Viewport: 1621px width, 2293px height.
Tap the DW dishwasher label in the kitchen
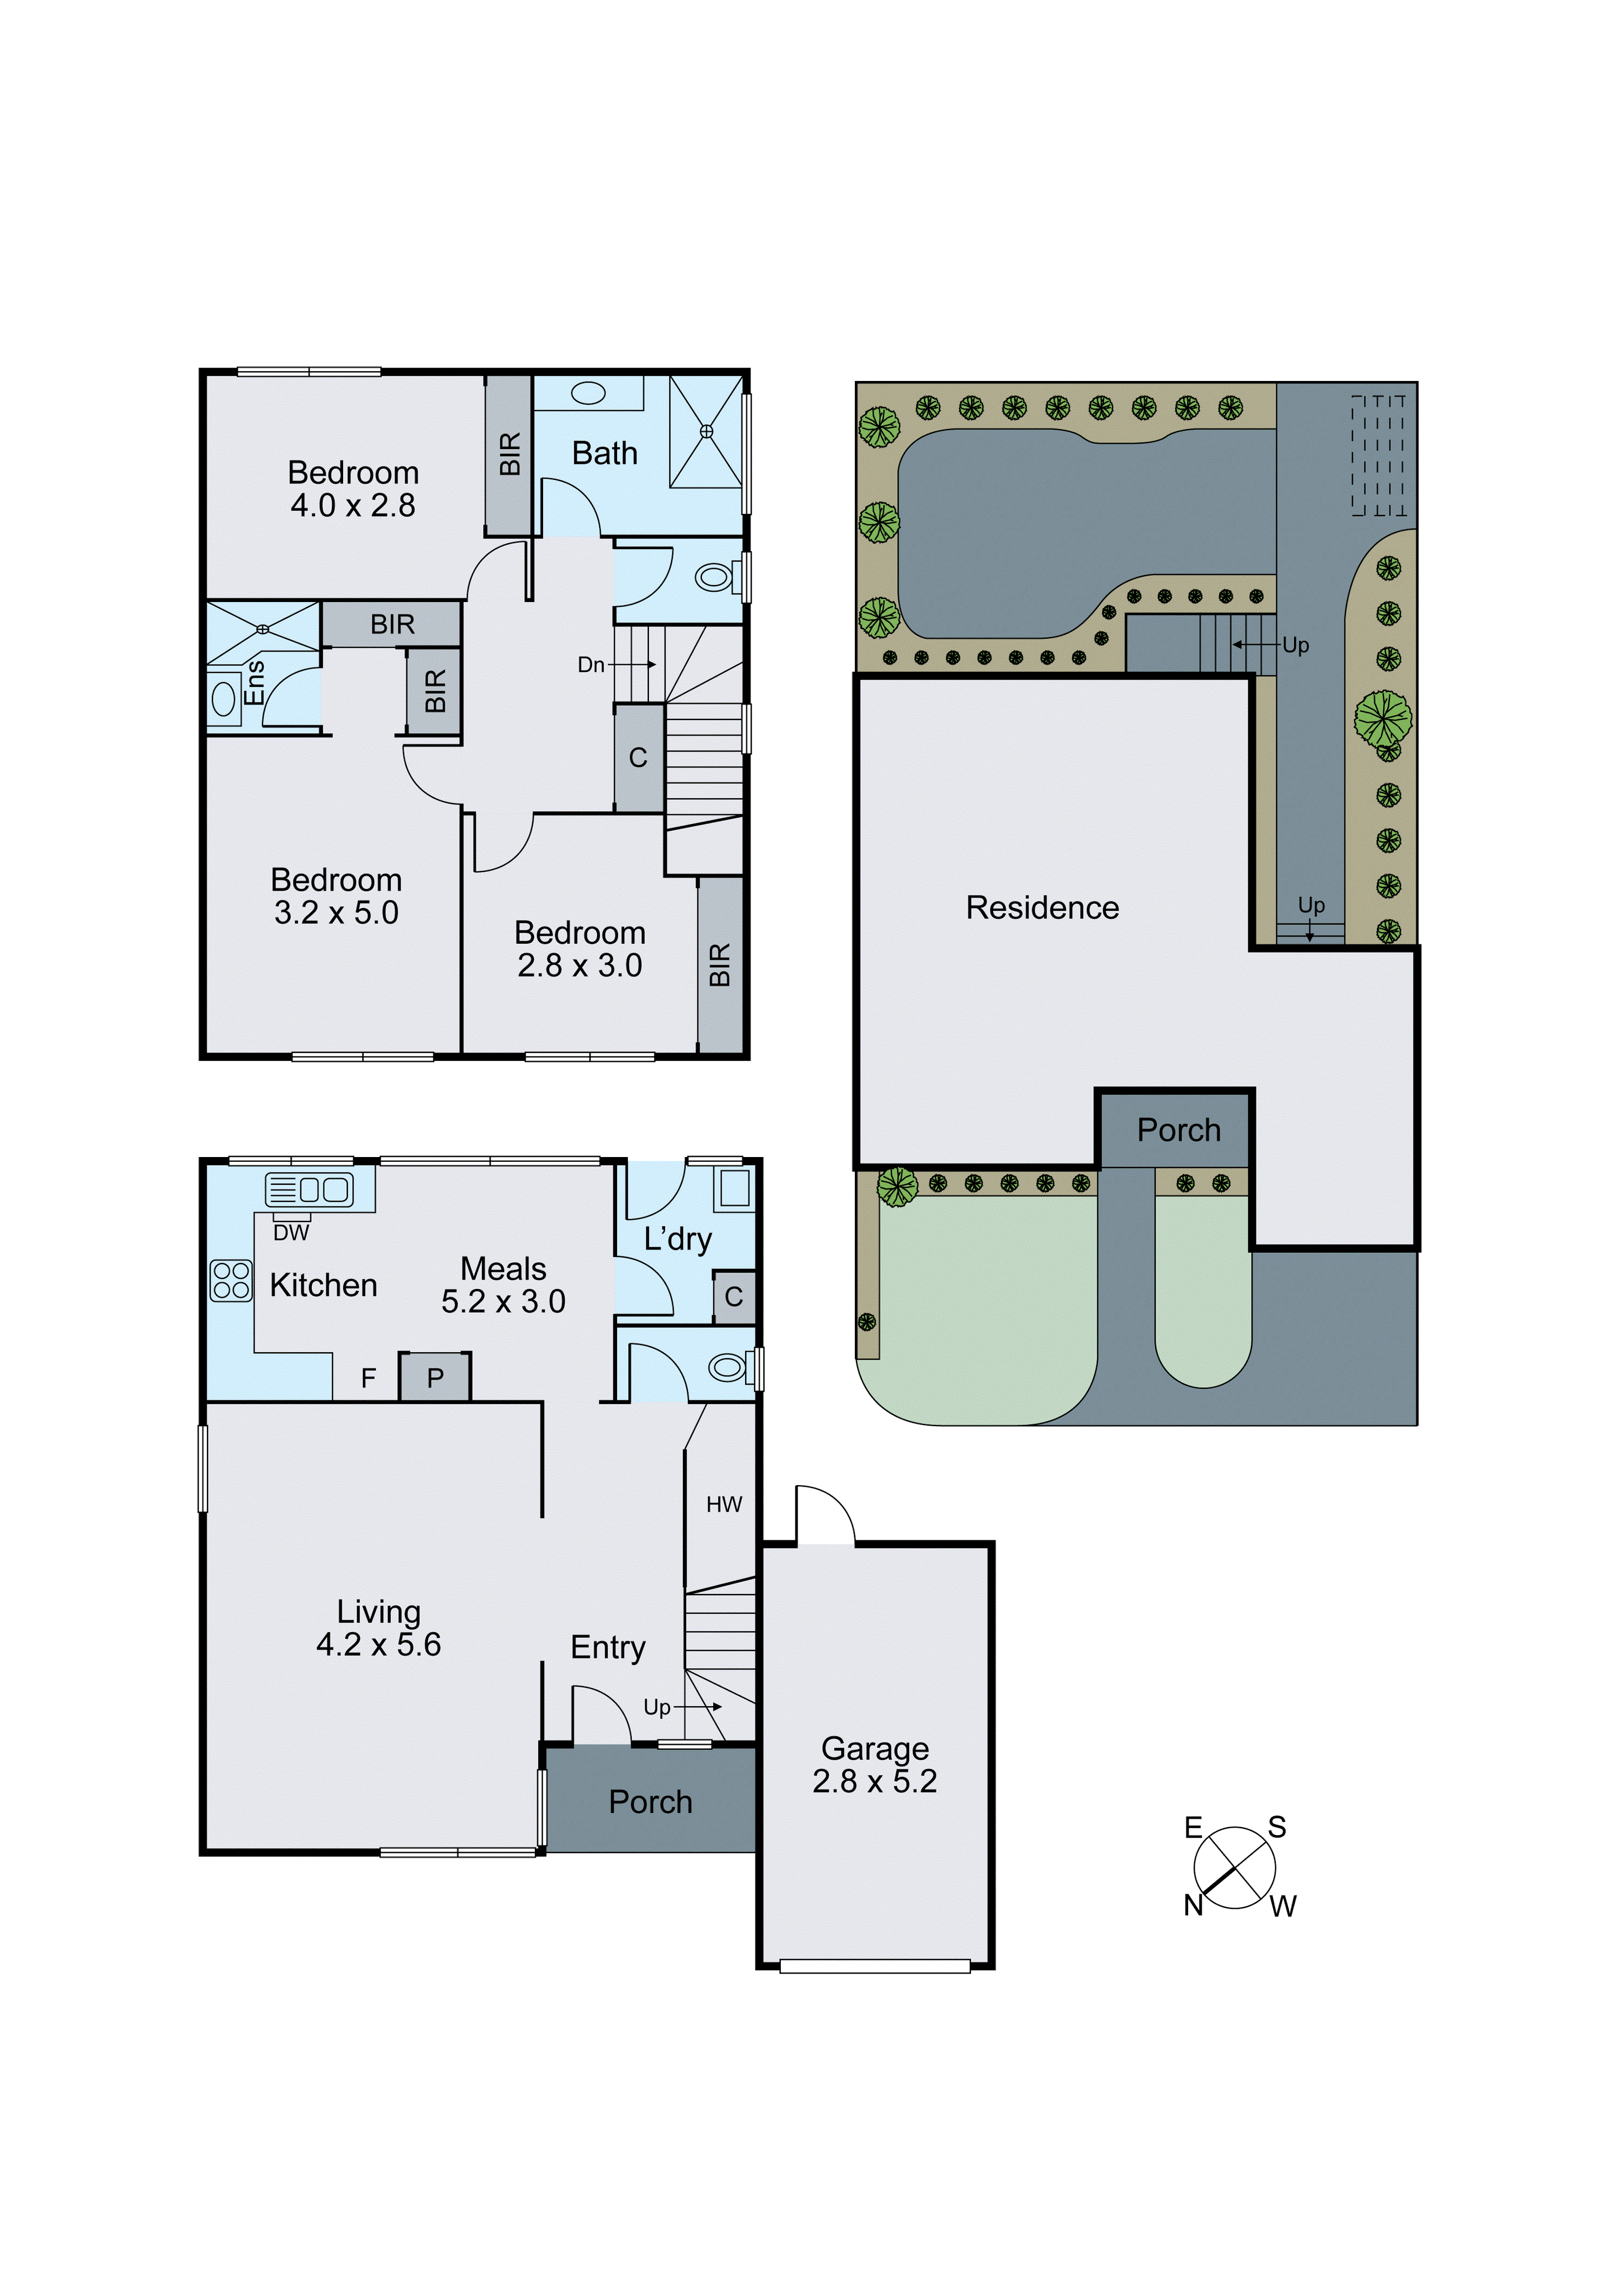[291, 1232]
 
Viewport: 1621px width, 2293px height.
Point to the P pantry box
[434, 1378]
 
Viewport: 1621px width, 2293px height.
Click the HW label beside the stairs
[724, 1504]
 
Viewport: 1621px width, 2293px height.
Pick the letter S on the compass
[1276, 1827]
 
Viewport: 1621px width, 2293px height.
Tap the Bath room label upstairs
[604, 453]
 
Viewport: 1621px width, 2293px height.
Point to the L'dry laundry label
[677, 1239]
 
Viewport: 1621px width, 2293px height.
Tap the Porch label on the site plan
[1178, 1129]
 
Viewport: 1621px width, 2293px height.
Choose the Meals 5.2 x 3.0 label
[504, 1285]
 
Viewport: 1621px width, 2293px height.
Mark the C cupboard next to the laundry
[733, 1296]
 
